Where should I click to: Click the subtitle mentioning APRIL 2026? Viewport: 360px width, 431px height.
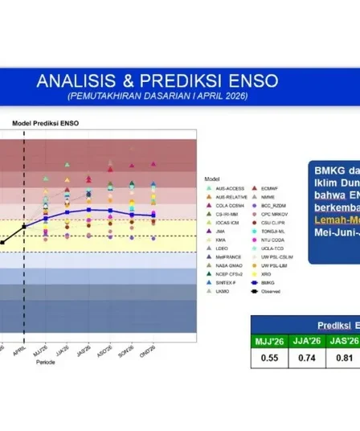(157, 96)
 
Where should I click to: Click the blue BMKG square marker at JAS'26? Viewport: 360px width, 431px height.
(89, 210)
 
